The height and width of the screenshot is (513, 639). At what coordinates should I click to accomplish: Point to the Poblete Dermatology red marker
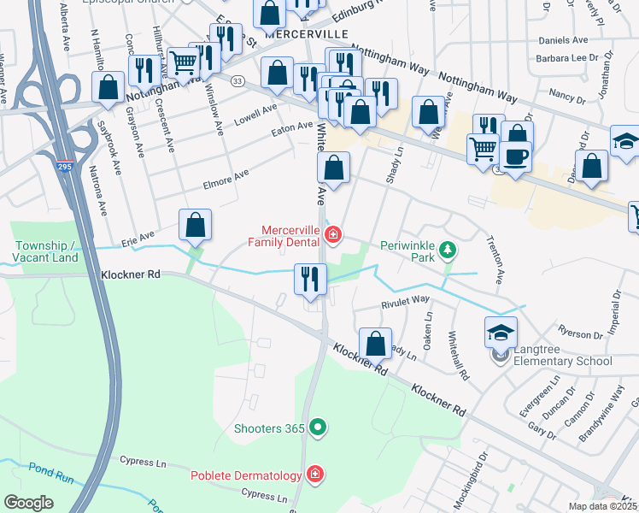coord(314,475)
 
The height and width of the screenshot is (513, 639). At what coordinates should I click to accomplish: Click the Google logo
coord(28,503)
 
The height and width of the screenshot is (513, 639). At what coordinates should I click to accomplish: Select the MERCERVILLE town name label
coord(307,33)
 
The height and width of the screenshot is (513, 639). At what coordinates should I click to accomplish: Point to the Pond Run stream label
coord(30,469)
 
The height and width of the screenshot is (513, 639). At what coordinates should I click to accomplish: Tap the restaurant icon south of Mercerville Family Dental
coord(310,278)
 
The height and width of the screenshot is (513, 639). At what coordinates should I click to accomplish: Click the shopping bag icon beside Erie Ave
coord(196,225)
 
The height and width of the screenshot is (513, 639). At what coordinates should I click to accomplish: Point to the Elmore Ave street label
coord(226,178)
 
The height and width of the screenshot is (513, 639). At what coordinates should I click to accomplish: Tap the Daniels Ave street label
coord(564,40)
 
